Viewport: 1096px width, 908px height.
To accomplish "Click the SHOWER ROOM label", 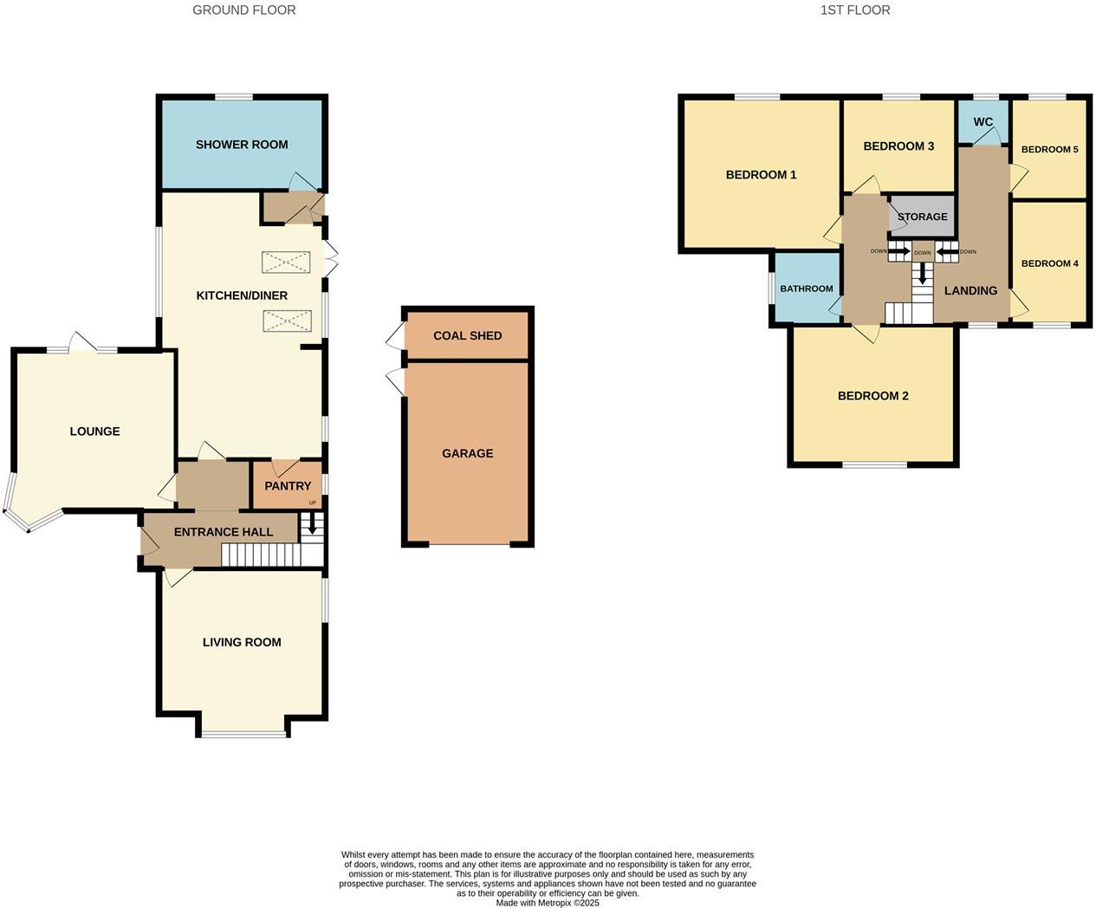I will (x=242, y=145).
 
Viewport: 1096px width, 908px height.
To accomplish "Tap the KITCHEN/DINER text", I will (x=242, y=295).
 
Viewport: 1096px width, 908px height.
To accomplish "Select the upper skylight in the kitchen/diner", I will (x=286, y=262).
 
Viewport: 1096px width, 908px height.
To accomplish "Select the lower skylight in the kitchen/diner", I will (x=286, y=321).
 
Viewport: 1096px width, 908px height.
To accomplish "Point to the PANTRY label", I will (x=288, y=486).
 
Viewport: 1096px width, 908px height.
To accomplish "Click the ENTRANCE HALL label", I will (x=224, y=532).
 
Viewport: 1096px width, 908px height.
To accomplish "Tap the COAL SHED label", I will (x=468, y=335).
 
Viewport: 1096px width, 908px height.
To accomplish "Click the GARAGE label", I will (x=468, y=453).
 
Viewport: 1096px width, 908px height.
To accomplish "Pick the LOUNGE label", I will (x=95, y=431).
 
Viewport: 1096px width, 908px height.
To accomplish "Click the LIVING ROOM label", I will (x=242, y=642).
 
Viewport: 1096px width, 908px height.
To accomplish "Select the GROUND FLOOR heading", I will (x=244, y=10).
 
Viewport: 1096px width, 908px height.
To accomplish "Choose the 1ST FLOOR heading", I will (x=855, y=10).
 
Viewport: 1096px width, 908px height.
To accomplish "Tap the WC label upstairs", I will (x=983, y=122).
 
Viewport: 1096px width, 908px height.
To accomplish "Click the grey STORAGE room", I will (x=923, y=217).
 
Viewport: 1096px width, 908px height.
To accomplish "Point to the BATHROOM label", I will (x=807, y=289).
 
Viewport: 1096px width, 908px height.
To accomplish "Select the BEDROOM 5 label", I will (x=1050, y=149).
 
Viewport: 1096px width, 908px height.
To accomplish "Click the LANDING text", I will (x=970, y=290).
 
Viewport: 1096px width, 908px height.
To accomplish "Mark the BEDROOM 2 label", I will (x=873, y=396).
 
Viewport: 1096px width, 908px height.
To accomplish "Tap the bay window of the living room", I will (x=243, y=735).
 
